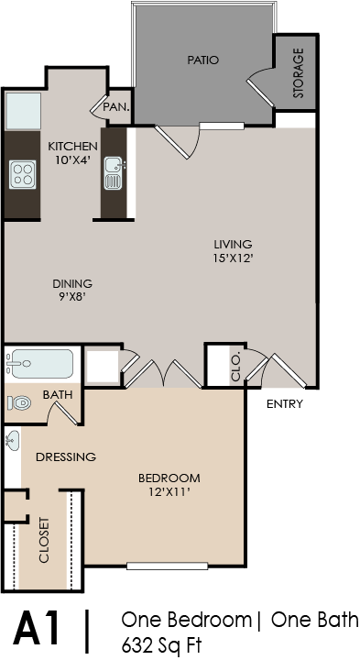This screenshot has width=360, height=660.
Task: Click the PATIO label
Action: click(203, 60)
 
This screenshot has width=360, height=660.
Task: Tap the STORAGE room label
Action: click(298, 73)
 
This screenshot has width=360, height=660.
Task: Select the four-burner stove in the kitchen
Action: click(22, 175)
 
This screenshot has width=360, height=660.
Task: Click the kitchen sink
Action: click(114, 173)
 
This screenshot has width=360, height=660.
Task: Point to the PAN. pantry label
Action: click(116, 107)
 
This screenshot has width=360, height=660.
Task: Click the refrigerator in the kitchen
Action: click(23, 111)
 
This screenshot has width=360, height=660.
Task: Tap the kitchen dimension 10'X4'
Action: click(72, 159)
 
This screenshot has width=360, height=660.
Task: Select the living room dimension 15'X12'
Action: click(233, 258)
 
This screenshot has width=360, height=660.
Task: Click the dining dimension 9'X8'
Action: click(72, 296)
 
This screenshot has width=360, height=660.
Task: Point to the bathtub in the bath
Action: click(40, 364)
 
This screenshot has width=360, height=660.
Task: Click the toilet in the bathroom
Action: click(19, 403)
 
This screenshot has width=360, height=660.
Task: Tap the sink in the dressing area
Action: click(13, 441)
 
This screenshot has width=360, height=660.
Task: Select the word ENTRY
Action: click(285, 404)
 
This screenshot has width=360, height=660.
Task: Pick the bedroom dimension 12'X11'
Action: click(169, 491)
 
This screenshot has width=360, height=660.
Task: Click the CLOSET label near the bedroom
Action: click(44, 540)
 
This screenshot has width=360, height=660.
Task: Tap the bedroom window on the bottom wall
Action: click(168, 566)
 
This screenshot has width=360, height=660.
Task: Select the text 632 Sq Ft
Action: click(161, 644)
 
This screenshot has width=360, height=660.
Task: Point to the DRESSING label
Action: click(66, 456)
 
